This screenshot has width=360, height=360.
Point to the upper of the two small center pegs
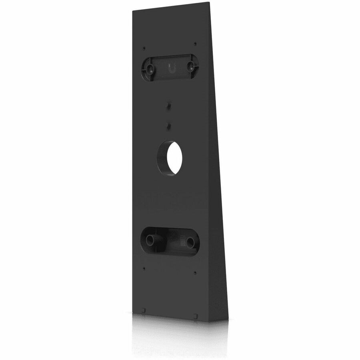168,106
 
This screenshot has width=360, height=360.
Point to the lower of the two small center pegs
168,126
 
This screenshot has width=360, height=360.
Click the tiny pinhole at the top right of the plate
194,43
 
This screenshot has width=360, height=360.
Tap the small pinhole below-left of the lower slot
144,268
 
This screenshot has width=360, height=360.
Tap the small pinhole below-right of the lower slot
194,273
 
